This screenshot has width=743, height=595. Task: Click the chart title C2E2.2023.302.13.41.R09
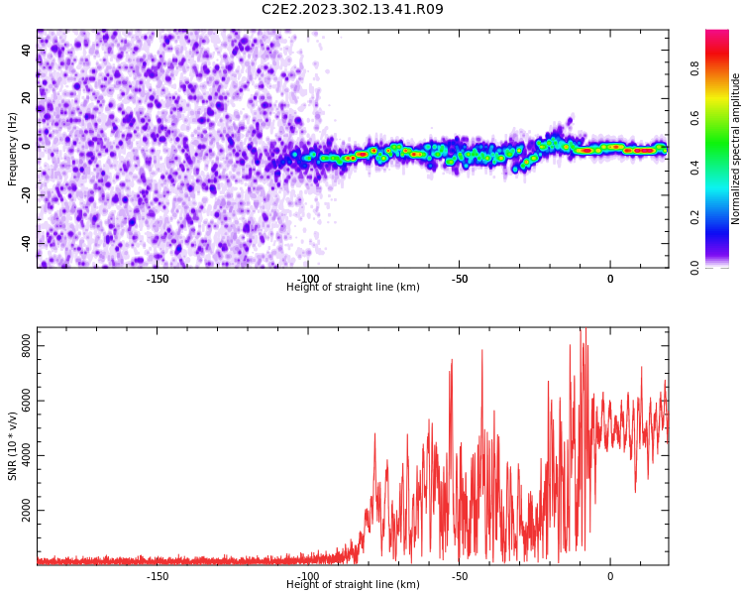353,9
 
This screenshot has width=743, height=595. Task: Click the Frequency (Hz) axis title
12,149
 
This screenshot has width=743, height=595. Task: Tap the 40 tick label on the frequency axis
26,51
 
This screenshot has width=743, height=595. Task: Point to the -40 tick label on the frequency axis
26,242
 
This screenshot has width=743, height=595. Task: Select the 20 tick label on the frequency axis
26,98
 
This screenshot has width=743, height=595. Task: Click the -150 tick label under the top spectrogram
158,279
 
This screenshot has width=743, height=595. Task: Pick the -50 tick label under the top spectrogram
459,279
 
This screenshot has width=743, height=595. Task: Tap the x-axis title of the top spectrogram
353,287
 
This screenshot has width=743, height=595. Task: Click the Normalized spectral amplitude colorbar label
735,149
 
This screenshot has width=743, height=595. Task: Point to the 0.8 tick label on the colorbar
694,68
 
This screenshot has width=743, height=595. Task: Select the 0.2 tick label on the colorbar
694,217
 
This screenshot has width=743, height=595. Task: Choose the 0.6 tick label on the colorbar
694,118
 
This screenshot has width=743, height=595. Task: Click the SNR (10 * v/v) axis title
12,446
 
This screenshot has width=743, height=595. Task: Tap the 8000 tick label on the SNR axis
26,346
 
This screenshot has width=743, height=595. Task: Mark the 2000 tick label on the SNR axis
26,510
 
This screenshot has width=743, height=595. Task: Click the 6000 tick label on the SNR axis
26,401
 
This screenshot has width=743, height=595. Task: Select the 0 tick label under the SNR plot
610,576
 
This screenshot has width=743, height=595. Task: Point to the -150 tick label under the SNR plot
158,576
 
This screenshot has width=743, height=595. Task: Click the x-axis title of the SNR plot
353,584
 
